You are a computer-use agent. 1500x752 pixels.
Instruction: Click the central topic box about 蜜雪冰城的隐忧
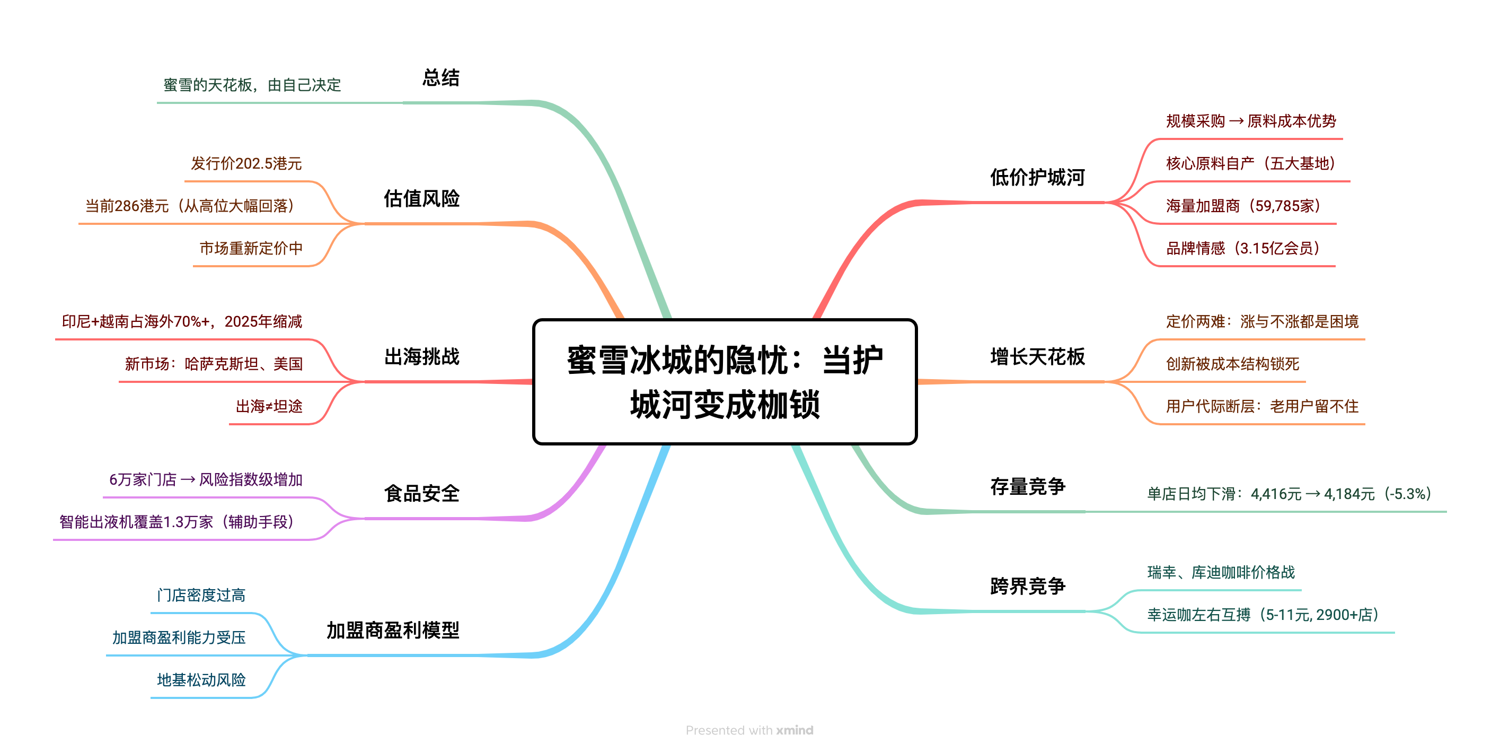click(725, 381)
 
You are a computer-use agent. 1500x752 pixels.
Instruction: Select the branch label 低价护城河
click(1037, 177)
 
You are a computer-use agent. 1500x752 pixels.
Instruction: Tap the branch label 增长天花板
click(1037, 356)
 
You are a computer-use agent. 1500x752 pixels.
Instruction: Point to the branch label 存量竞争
click(1028, 486)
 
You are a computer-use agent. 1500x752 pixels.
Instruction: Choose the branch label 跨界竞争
click(1028, 586)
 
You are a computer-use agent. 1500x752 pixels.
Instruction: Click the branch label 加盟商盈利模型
click(393, 630)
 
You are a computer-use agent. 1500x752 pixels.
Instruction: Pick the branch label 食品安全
click(421, 493)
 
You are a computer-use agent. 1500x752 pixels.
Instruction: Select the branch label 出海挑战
click(421, 356)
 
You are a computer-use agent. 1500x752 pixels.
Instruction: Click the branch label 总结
click(441, 77)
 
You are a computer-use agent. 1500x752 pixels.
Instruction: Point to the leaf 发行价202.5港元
click(246, 164)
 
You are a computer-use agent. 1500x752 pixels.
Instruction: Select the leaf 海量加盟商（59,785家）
click(1242, 206)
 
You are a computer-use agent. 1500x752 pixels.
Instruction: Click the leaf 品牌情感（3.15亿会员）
click(1242, 249)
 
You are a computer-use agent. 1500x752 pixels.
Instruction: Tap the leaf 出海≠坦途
click(269, 407)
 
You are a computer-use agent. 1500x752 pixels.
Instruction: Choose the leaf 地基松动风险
click(201, 680)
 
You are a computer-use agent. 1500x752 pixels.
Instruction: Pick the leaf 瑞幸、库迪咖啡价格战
click(1221, 573)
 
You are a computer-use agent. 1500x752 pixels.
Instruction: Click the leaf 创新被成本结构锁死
click(1233, 364)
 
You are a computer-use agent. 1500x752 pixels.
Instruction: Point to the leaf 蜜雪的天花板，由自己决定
click(252, 85)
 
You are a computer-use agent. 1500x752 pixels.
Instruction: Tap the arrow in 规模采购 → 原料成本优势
click(1236, 121)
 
